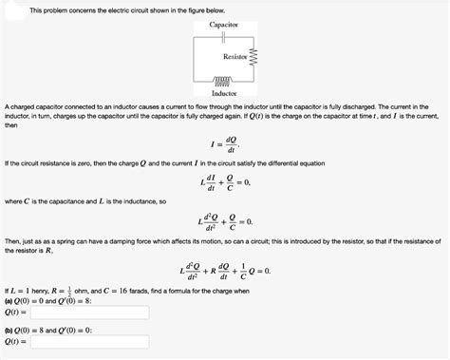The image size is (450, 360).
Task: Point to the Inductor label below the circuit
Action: click(x=224, y=94)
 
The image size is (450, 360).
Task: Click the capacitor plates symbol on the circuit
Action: click(x=224, y=35)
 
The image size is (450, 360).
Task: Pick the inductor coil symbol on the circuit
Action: click(x=224, y=83)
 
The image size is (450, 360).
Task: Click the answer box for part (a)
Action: click(x=89, y=312)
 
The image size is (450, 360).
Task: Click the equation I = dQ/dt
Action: click(x=224, y=145)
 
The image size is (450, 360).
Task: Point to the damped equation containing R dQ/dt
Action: click(x=224, y=269)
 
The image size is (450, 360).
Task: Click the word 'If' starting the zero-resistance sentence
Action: click(x=8, y=163)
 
